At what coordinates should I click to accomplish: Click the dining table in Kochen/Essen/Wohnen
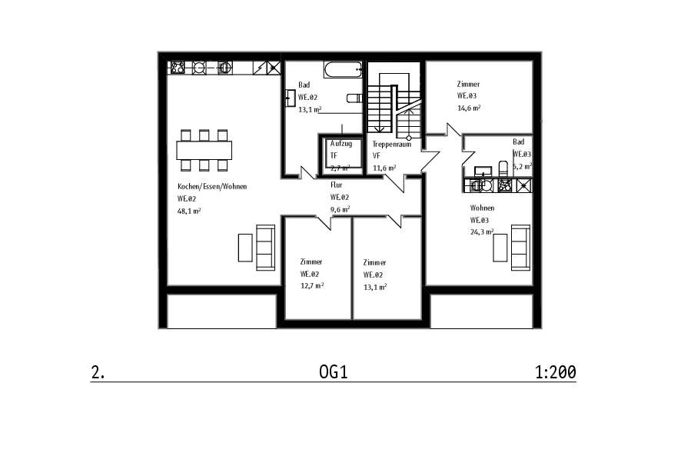[x=204, y=151]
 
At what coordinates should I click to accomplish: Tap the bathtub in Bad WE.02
[x=343, y=69]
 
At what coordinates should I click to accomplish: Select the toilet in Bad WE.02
[x=354, y=98]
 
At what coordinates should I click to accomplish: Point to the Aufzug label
[x=341, y=144]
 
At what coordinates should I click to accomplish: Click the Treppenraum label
[x=391, y=145]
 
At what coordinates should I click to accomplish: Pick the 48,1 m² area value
[x=189, y=211]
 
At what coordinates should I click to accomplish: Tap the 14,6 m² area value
[x=469, y=108]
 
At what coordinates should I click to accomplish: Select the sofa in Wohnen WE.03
[x=520, y=248]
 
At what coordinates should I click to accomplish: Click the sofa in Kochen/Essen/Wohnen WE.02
[x=265, y=248]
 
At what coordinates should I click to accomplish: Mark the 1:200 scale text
[x=556, y=372]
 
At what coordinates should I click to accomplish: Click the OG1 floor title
[x=334, y=372]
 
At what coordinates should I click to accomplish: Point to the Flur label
[x=337, y=185]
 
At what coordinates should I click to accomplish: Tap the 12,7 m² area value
[x=312, y=285]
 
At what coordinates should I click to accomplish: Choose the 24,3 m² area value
[x=482, y=231]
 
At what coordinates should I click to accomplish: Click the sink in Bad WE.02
[x=290, y=98]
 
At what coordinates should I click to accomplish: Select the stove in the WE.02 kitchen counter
[x=178, y=68]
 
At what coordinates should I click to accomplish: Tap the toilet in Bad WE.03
[x=503, y=168]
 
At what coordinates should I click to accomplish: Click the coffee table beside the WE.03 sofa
[x=500, y=248]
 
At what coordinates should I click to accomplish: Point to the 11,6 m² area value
[x=384, y=168]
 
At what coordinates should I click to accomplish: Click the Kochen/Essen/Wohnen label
[x=212, y=187]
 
